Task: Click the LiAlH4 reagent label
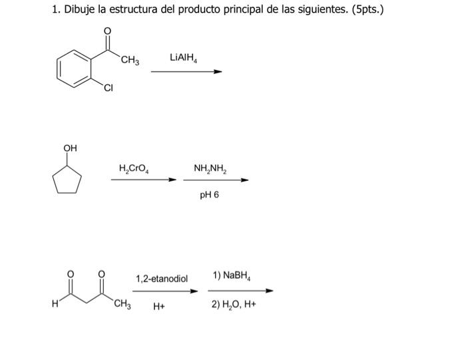tap(184, 59)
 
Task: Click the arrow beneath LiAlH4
tap(186, 72)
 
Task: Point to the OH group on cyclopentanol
tap(70, 147)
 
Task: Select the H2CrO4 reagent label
tap(134, 167)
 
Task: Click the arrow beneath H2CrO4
tap(144, 180)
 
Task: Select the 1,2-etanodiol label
tap(162, 278)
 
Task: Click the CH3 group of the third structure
tap(122, 305)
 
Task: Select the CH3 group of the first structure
tap(130, 62)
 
